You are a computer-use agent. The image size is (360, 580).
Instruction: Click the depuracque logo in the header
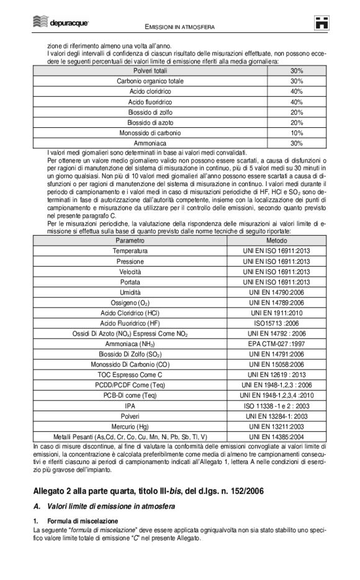click(61, 23)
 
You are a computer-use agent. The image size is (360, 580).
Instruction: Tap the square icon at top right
click(321, 24)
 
